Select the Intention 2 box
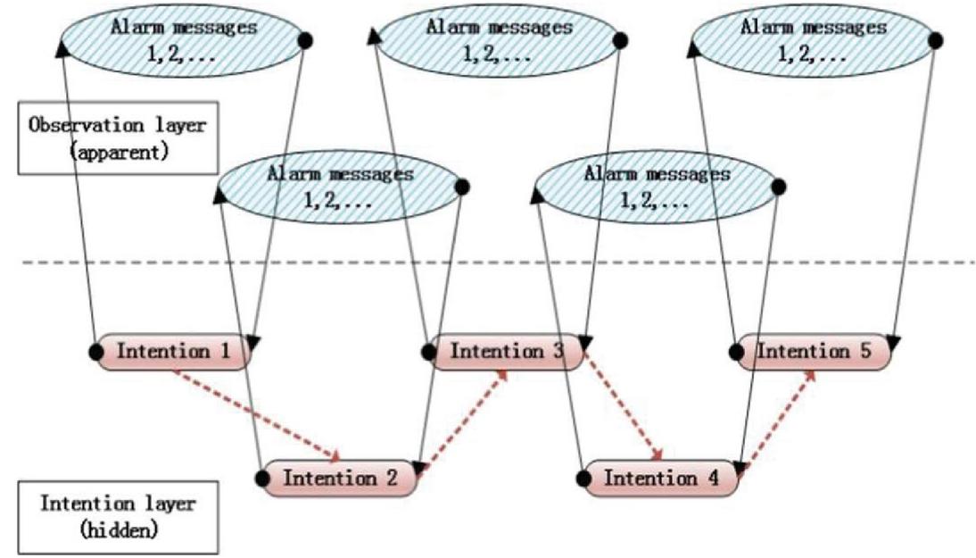tap(340, 477)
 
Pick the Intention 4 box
tap(659, 477)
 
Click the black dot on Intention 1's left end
tap(95, 350)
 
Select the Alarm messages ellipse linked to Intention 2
tap(340, 187)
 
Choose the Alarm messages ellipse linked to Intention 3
tap(499, 40)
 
